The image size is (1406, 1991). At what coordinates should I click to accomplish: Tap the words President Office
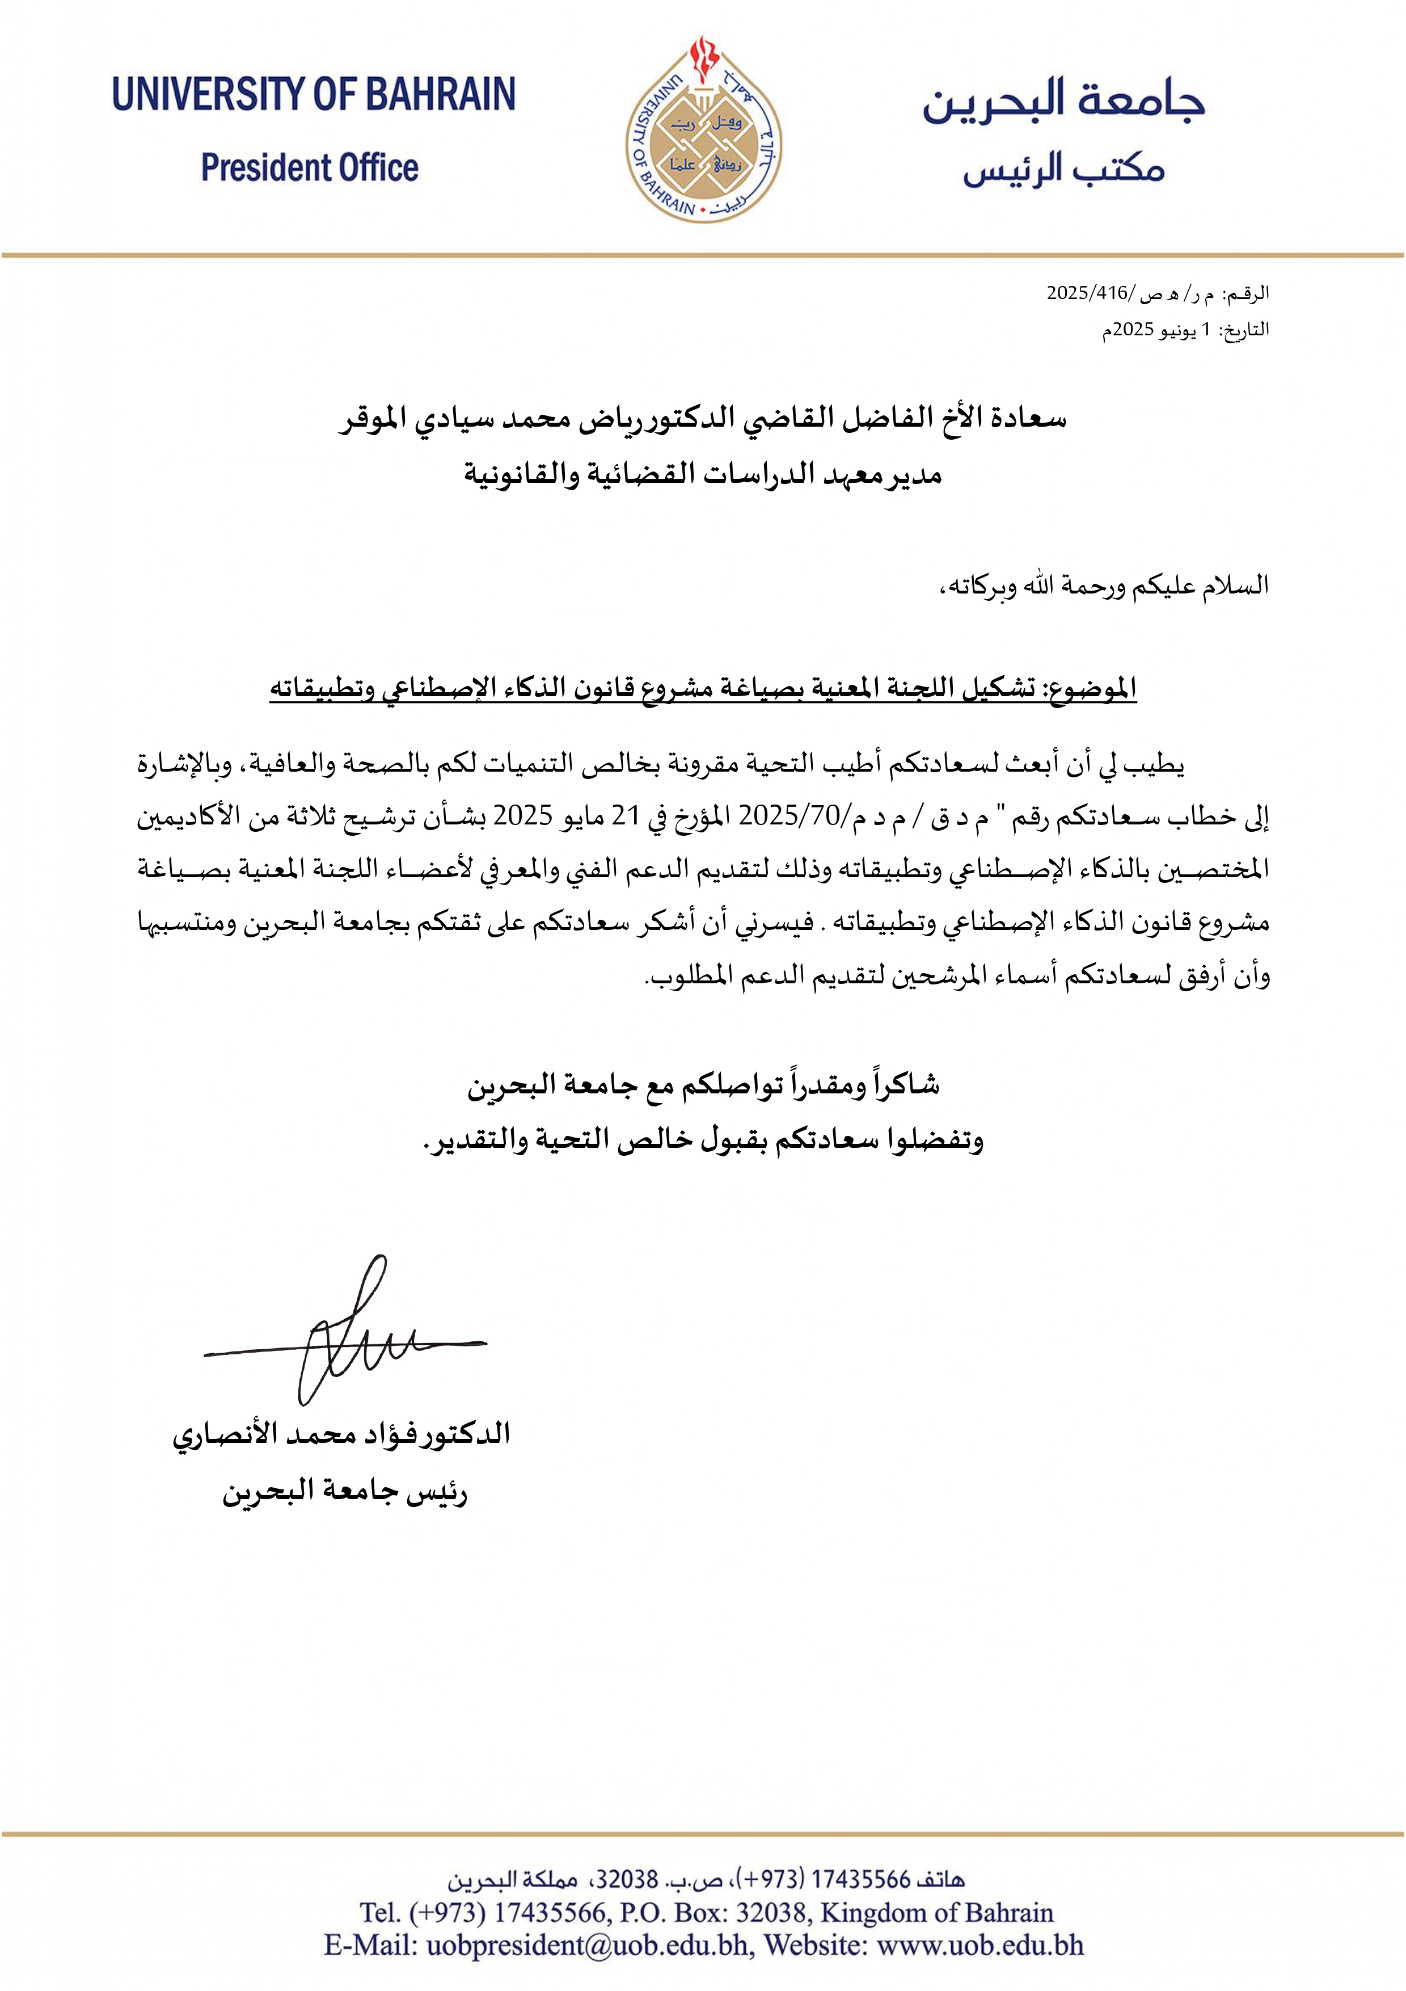tap(310, 167)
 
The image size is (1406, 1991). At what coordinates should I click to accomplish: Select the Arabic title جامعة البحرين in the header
tap(1063, 99)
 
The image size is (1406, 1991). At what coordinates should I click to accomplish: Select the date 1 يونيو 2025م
tap(1162, 330)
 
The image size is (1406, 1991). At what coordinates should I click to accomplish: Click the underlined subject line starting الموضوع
tap(702, 688)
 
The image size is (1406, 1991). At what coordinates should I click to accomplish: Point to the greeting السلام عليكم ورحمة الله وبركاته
tap(1104, 586)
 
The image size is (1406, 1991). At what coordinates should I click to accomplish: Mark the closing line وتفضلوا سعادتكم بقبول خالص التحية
tap(702, 1139)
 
